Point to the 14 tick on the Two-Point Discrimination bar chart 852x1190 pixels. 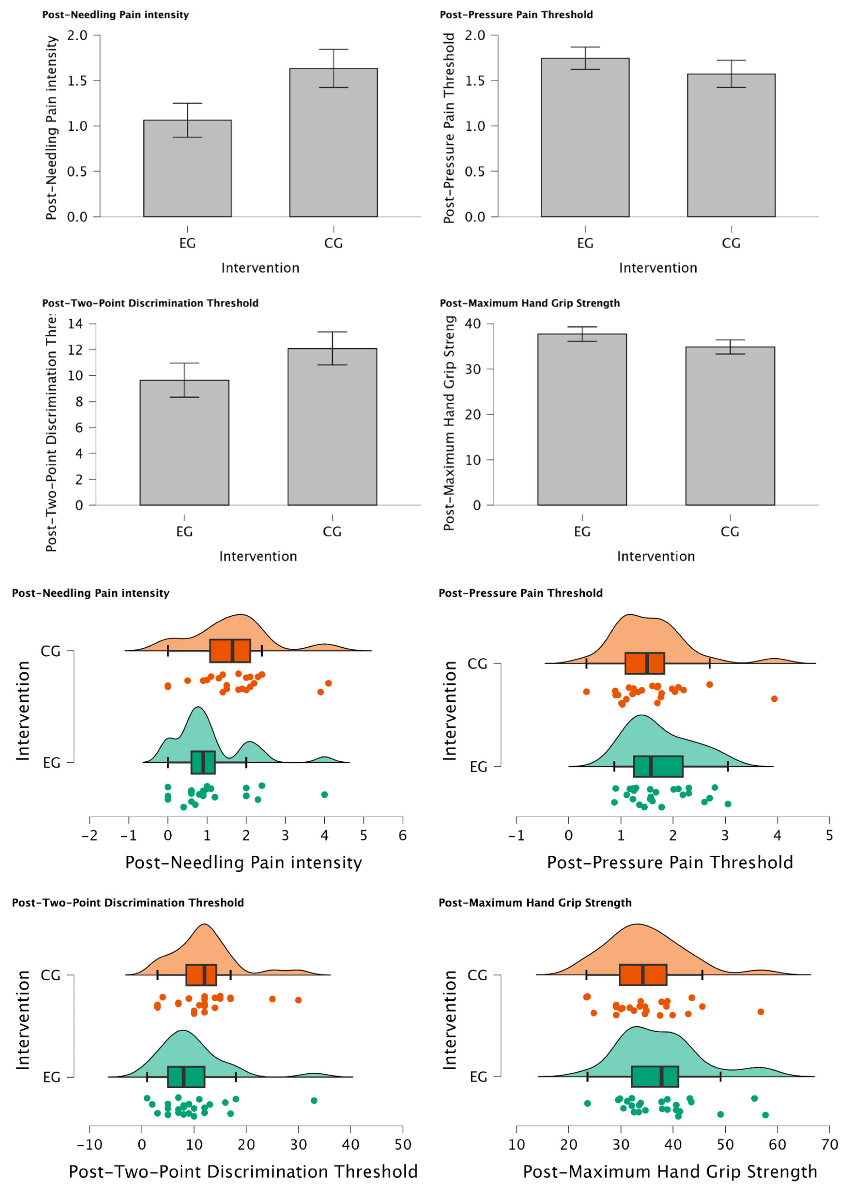pos(76,324)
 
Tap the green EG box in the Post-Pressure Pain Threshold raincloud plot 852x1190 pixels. pos(658,766)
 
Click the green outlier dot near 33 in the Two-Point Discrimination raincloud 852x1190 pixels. pos(314,1100)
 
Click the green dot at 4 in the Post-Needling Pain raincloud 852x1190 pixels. pos(324,794)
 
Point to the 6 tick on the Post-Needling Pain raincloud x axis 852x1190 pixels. pos(402,835)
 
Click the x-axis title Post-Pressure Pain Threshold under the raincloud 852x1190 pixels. pos(669,863)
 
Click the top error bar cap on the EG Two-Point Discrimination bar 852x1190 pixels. pos(184,363)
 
